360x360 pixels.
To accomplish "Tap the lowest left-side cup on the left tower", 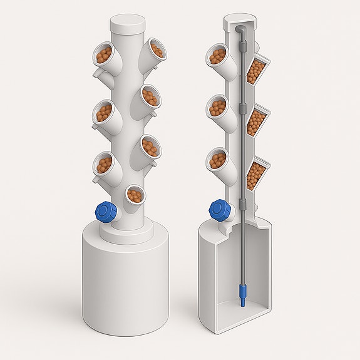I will click(x=104, y=165).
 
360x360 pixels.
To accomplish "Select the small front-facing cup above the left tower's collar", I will click(x=134, y=195).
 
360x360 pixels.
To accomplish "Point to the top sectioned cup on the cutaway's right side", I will click(x=257, y=69).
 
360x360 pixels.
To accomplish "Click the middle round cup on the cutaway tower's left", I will click(x=217, y=108).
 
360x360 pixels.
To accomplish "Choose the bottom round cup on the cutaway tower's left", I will click(x=217, y=160).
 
